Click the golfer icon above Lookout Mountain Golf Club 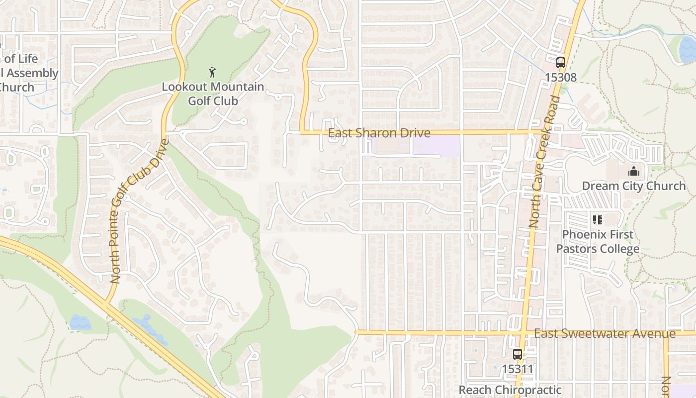[213, 72]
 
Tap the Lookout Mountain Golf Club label [213, 94]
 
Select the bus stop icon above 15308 [561, 63]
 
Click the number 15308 [561, 78]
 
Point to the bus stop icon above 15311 [518, 354]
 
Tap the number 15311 [518, 369]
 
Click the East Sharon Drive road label [379, 133]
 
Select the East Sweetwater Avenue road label [605, 333]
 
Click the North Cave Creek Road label [545, 162]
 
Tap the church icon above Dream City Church [634, 172]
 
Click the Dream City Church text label [634, 186]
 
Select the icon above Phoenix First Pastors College [598, 219]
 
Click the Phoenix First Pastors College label [598, 241]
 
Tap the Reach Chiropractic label [510, 390]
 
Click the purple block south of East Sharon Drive [436, 145]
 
